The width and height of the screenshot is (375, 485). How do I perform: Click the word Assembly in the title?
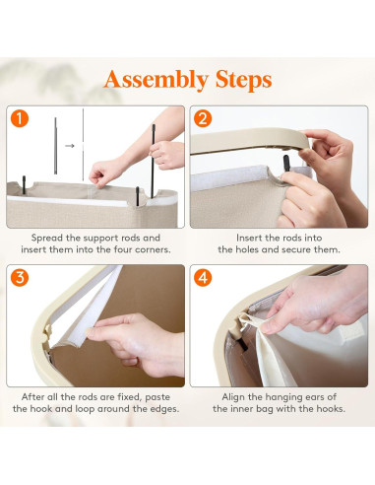[156, 80]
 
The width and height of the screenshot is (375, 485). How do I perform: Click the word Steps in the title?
[243, 79]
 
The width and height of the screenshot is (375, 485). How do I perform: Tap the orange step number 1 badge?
[20, 118]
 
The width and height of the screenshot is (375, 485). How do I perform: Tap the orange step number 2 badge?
[203, 118]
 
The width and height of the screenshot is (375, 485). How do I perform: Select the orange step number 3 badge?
[20, 278]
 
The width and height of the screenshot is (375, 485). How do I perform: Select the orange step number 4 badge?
[203, 278]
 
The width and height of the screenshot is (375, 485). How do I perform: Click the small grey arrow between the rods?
[70, 146]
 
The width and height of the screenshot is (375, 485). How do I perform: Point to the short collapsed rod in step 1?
[55, 146]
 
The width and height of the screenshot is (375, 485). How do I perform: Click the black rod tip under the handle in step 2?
[286, 163]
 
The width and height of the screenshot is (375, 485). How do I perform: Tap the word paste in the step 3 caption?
[157, 397]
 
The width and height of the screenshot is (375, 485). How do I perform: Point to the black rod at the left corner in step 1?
[24, 184]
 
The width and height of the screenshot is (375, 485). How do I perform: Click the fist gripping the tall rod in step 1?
[166, 156]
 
